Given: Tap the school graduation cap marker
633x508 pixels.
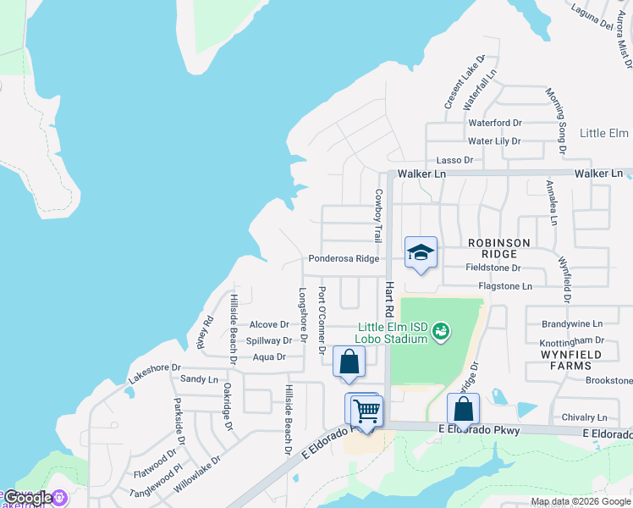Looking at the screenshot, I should click(421, 252).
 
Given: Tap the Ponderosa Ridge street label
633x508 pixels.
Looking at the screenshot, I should click(344, 259).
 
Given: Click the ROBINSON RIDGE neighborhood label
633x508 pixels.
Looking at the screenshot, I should click(499, 248).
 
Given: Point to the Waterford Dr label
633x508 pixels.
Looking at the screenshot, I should click(495, 123).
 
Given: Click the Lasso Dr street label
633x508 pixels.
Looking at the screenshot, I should click(454, 160).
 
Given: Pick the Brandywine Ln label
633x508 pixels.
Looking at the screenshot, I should click(572, 324).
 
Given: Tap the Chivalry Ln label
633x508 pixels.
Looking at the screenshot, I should click(585, 418).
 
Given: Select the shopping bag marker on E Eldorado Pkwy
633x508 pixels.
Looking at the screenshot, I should click(463, 409).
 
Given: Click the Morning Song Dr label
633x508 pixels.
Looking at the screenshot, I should click(556, 120).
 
